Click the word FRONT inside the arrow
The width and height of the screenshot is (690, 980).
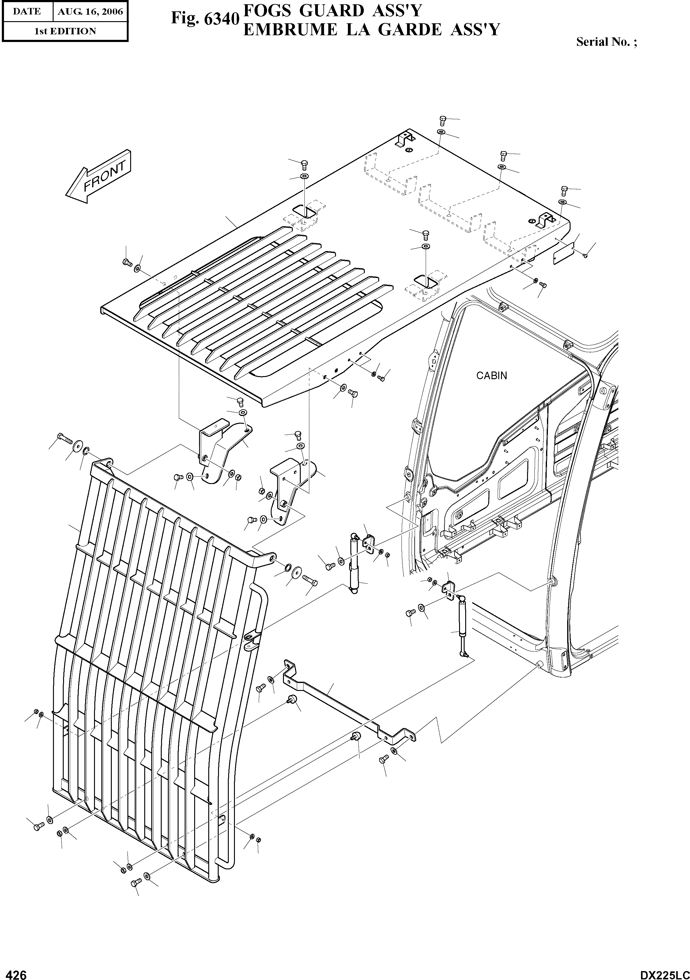tap(104, 176)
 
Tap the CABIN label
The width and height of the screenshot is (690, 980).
tap(491, 376)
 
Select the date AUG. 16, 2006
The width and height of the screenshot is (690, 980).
tap(90, 12)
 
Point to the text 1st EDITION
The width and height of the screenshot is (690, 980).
tap(65, 31)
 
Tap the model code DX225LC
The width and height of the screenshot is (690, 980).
tap(664, 971)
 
